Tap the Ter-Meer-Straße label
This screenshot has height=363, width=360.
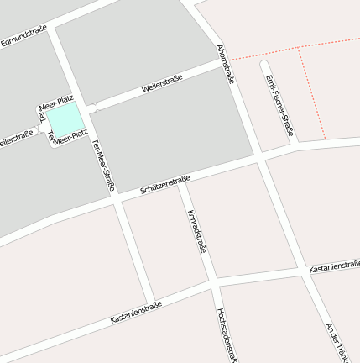102,163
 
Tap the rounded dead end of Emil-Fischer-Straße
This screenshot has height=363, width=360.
266,65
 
